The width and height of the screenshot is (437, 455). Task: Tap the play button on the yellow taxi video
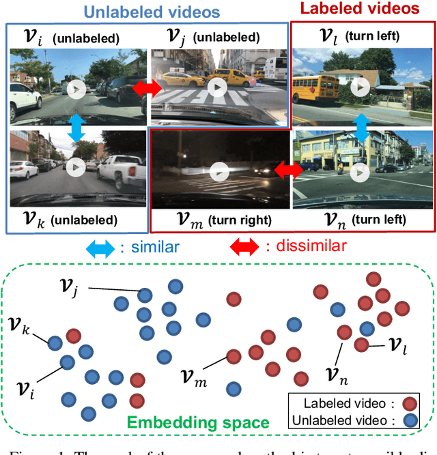pyautogui.click(x=216, y=87)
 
